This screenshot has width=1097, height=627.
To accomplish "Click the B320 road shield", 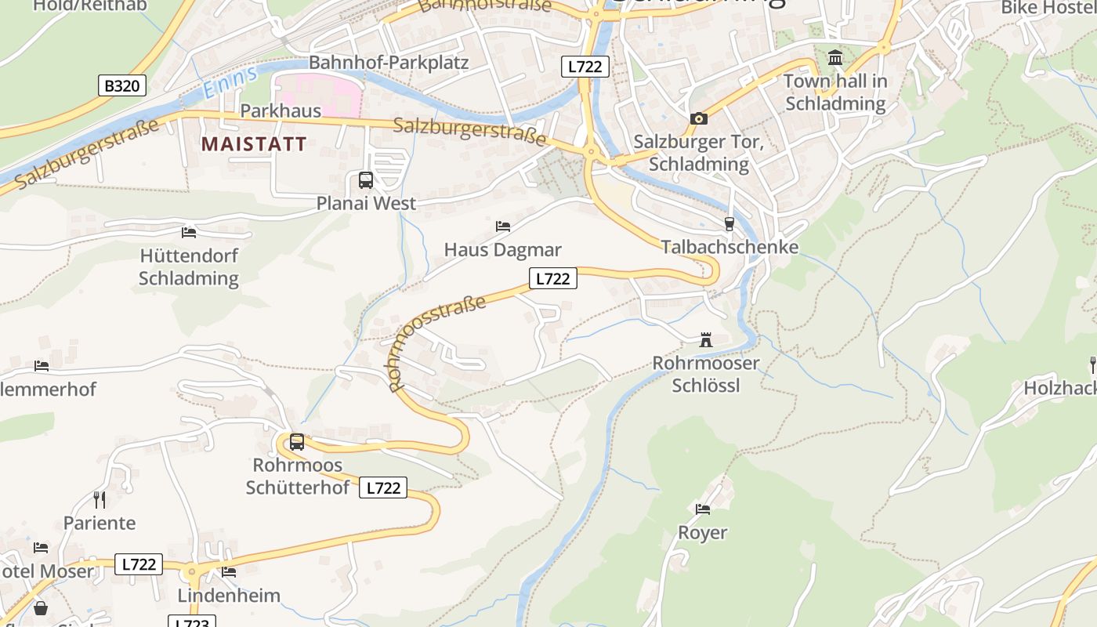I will (x=122, y=85).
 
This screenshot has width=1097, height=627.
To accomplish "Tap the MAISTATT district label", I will (x=254, y=143).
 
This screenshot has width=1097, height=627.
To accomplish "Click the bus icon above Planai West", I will (x=366, y=180).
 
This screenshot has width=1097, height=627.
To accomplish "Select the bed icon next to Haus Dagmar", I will (x=503, y=227).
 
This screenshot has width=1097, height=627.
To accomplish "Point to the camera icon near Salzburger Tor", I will (x=699, y=119).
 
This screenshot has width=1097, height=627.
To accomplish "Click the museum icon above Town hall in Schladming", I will (x=835, y=58).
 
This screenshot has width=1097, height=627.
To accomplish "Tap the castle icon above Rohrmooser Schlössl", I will (x=706, y=340).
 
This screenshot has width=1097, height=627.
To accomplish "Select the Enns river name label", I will (x=230, y=83).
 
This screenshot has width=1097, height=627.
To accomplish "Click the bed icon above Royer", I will (x=703, y=509).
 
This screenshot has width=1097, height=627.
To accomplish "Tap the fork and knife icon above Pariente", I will (x=100, y=499).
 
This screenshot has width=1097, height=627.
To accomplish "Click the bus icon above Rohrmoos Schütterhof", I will (x=297, y=442).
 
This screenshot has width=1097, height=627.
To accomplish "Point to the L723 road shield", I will (x=191, y=622).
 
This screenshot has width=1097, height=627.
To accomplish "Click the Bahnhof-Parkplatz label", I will (x=389, y=63).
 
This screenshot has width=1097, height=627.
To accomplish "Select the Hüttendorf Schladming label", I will (x=189, y=266).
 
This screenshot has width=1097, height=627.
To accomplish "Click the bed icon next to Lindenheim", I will (x=229, y=572).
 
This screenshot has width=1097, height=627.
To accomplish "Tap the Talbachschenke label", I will (x=730, y=247).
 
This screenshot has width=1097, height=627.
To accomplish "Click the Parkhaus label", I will (x=281, y=111).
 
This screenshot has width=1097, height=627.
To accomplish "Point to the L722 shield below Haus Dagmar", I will (x=553, y=278).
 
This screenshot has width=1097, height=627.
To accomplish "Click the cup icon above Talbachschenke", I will (x=730, y=224).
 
